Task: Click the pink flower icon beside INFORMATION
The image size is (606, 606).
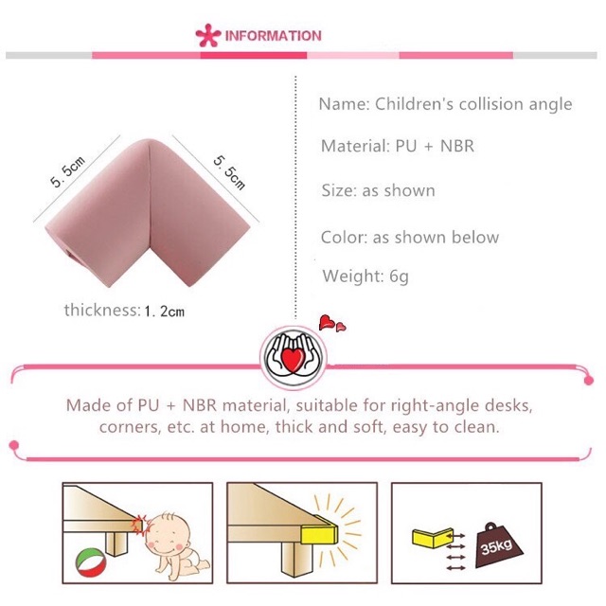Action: [x=208, y=36]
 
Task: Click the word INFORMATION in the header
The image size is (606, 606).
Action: [x=274, y=36]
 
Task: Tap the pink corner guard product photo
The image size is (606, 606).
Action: [x=149, y=212]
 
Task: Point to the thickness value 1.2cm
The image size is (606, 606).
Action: [x=164, y=312]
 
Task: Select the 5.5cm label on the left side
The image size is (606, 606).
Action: [x=67, y=171]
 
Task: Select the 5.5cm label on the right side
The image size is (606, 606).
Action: [x=229, y=172]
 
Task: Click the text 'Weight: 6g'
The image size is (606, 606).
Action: [x=365, y=276]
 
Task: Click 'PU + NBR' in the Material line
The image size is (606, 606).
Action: [x=435, y=146]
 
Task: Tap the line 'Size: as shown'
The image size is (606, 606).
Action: [x=378, y=190]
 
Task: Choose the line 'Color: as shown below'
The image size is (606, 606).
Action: [x=410, y=238]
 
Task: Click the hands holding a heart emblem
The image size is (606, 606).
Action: [x=294, y=358]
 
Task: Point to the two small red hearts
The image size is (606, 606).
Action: [x=332, y=323]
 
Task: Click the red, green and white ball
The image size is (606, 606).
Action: [x=91, y=562]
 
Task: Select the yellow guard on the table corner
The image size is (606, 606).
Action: [x=319, y=530]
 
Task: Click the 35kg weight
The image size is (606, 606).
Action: [x=499, y=545]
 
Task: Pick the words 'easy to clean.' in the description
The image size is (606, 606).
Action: [x=446, y=427]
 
